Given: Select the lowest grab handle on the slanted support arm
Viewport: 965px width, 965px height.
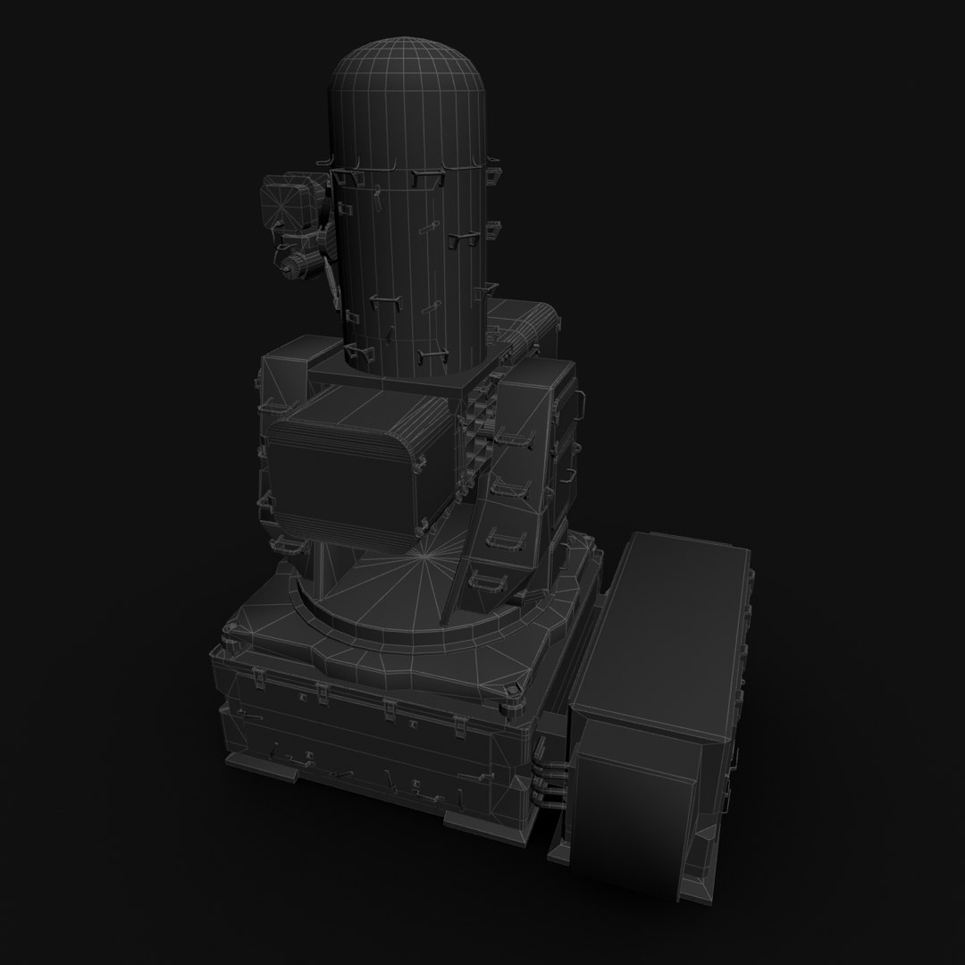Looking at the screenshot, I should click(490, 582).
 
